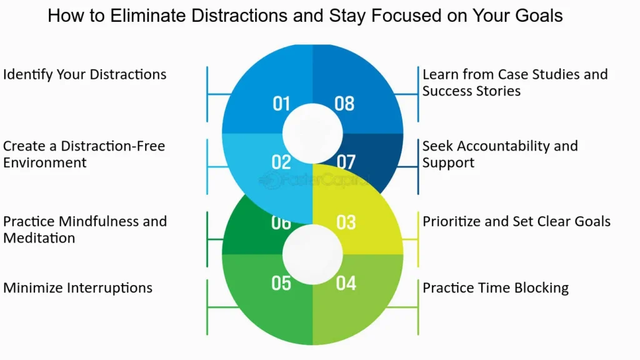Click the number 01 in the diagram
281,103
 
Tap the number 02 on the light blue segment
281,162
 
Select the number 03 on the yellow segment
346,222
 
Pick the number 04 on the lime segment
346,283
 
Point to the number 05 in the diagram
281,283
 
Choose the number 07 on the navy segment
346,162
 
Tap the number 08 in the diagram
344,103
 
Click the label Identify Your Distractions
85,74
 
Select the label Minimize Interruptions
78,288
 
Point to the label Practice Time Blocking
496,288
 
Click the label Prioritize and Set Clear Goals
516,221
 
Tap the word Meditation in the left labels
39,238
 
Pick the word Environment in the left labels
45,163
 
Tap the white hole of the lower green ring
312,254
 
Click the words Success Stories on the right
471,91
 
